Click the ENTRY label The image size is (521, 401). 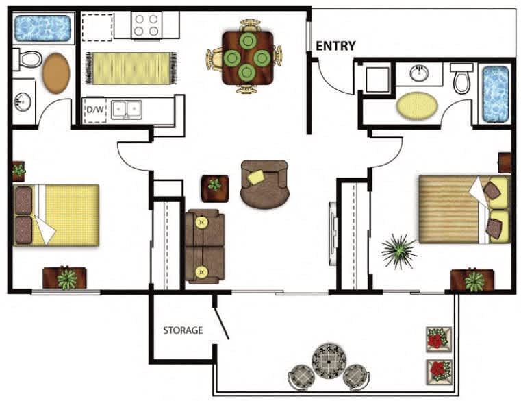(x=335, y=46)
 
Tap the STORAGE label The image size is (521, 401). (x=183, y=330)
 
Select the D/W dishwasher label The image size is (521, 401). (x=95, y=110)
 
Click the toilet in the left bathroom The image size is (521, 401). (x=27, y=60)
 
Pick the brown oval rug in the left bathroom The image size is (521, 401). (x=56, y=73)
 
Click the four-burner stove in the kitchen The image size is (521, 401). (x=147, y=25)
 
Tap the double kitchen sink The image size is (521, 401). (x=127, y=110)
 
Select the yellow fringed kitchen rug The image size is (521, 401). (x=131, y=69)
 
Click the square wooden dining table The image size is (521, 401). (x=248, y=58)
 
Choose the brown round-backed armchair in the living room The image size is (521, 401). (x=264, y=184)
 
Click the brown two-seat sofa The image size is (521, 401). (x=205, y=246)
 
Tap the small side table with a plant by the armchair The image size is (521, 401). (x=215, y=189)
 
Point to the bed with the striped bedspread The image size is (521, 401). (x=464, y=209)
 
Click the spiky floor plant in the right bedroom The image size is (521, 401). (x=399, y=252)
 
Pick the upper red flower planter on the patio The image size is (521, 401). (x=439, y=339)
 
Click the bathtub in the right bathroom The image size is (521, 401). (x=496, y=95)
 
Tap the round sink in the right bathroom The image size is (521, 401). (x=419, y=73)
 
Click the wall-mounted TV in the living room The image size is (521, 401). (x=333, y=234)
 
